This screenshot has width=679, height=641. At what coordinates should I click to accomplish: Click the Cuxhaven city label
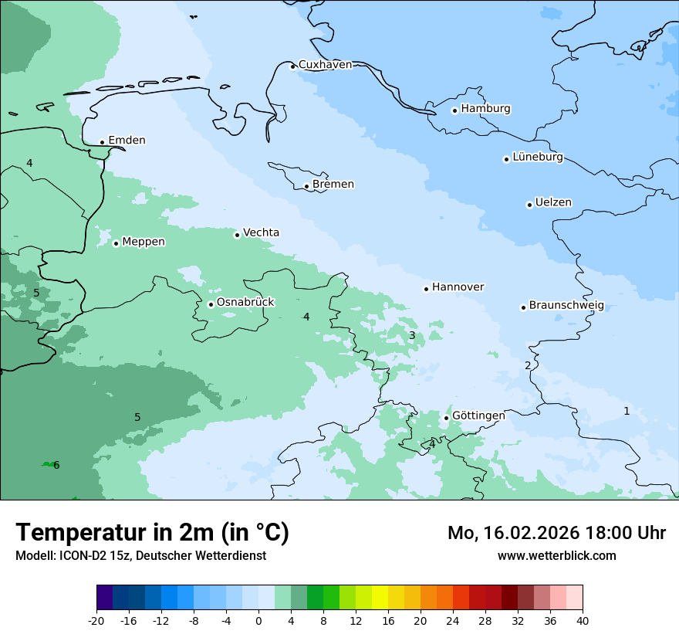click(325, 65)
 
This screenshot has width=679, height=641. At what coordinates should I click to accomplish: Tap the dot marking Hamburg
click(454, 110)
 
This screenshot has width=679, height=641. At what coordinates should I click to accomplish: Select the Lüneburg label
click(538, 158)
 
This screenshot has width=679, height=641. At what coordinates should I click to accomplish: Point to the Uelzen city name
click(553, 203)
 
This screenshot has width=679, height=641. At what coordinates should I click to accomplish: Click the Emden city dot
click(102, 142)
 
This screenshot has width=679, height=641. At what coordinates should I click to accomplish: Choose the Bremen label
click(333, 185)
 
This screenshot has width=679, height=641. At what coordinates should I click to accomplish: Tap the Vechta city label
click(261, 232)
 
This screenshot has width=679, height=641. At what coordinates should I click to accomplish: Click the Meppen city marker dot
click(116, 243)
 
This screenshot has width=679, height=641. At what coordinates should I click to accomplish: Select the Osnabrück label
click(245, 302)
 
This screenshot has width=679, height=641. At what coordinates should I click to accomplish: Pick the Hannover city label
click(458, 287)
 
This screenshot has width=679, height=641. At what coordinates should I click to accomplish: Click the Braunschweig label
click(566, 306)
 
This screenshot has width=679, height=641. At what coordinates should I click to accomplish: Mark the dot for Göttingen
click(446, 418)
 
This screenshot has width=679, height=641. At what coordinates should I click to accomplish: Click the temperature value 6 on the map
click(56, 465)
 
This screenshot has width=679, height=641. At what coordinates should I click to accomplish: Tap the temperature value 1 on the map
click(627, 411)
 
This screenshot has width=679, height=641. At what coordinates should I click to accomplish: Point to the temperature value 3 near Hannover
click(412, 335)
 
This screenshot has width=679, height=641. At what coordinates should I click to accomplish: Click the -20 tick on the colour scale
click(96, 621)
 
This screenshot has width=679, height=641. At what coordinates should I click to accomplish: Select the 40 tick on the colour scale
click(583, 621)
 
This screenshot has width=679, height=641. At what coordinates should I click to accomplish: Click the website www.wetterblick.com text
click(556, 556)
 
